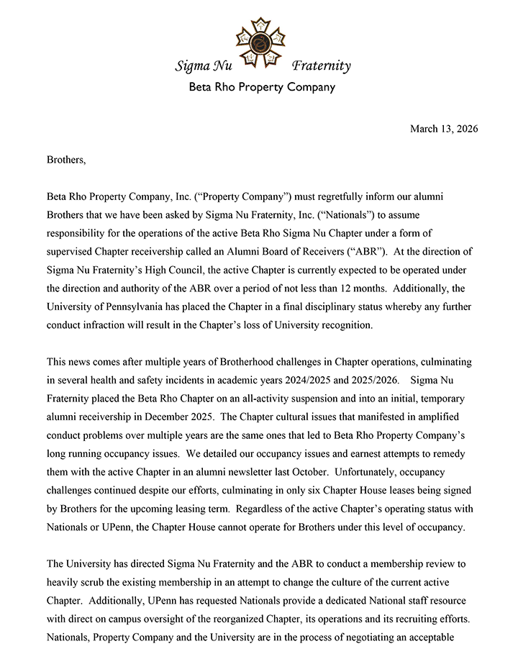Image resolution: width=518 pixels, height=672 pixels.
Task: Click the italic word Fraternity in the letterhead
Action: click(321, 67)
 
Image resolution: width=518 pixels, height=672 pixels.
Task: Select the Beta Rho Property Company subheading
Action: click(262, 88)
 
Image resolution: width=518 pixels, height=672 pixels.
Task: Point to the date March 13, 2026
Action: click(444, 129)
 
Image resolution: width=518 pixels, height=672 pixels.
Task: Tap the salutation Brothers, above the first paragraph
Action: click(66, 160)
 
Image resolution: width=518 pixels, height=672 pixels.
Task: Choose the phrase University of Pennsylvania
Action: click(106, 306)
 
